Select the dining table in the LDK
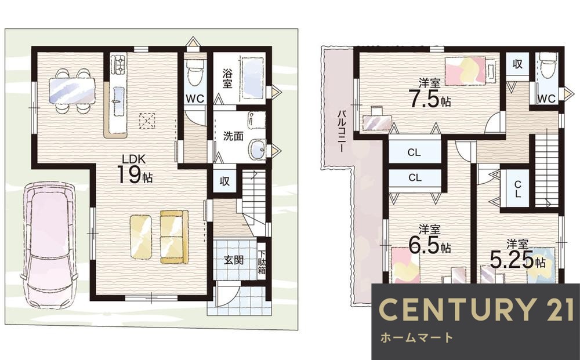pos(72,91)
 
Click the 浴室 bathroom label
pos(227,78)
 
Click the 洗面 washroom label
pos(233,136)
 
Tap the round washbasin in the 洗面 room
pos(257,150)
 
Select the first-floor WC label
pos(194,99)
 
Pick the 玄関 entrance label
pos(233,260)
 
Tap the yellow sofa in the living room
pos(174,237)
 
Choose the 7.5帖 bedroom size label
pos(430,94)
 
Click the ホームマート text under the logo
pos(416,337)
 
